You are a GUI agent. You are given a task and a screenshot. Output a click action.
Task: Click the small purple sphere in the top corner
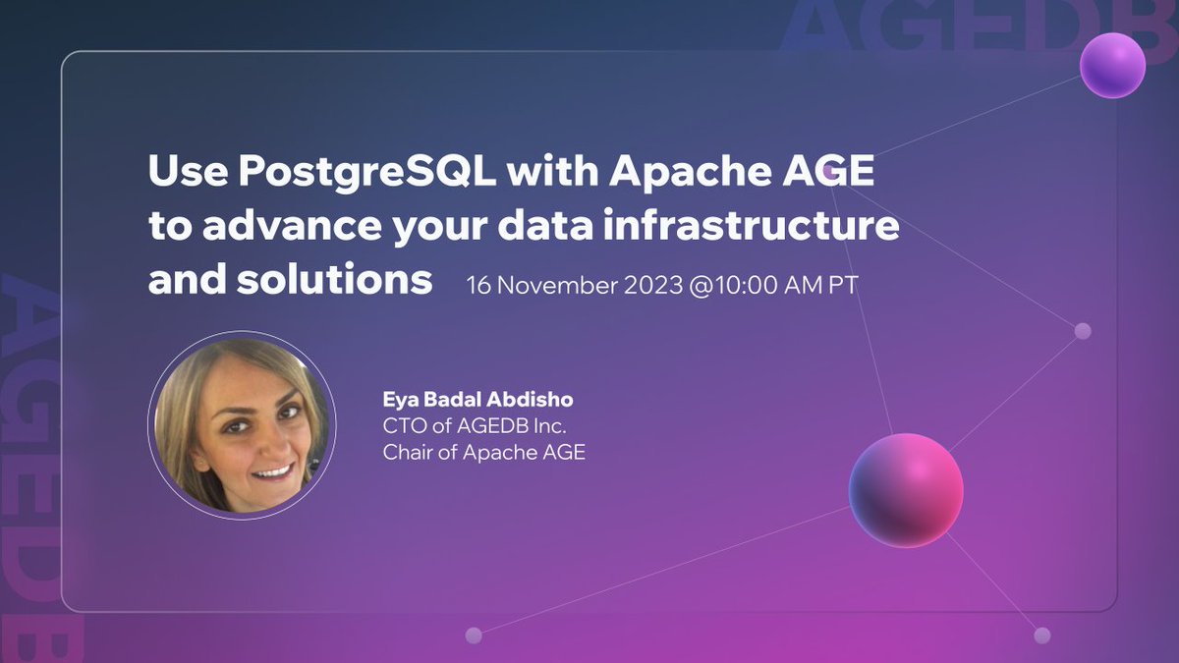[x=1112, y=64]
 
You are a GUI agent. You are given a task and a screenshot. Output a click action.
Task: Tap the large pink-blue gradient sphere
[x=906, y=489]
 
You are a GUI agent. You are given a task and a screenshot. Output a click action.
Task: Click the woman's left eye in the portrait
[x=286, y=413]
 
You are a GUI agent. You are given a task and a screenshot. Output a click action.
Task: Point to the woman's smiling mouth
[x=272, y=471]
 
